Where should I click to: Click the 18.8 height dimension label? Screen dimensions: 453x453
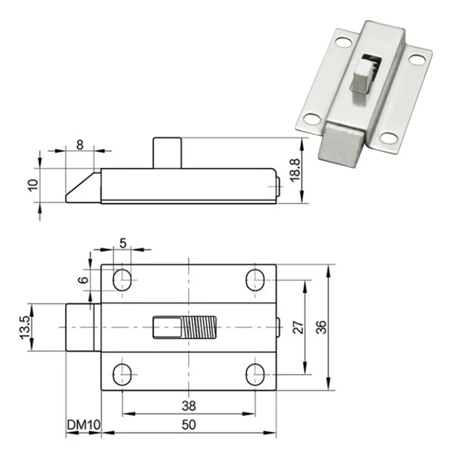295,170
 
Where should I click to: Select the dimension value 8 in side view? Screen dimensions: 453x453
80,145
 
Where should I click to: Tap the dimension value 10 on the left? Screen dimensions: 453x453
32,185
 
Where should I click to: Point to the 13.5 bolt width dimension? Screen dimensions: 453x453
24,327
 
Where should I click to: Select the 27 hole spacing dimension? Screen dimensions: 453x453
297,327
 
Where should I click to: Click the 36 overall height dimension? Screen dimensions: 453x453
321,327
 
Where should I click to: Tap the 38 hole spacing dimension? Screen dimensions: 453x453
189,406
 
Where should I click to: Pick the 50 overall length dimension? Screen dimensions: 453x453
189,425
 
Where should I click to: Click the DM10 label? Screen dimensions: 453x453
83,425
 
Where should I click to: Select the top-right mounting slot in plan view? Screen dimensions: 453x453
255,280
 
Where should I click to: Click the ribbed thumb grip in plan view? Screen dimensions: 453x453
200,327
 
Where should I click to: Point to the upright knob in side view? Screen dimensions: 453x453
167,153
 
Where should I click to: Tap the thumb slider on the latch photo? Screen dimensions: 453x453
361,76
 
